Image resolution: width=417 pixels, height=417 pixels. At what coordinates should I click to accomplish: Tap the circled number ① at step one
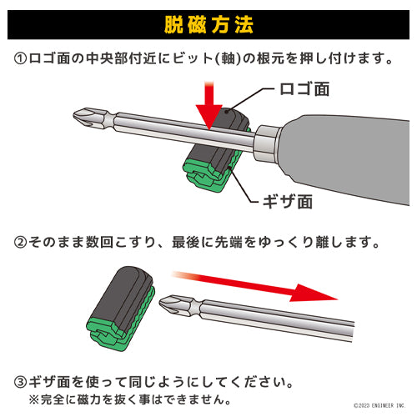(x=20, y=60)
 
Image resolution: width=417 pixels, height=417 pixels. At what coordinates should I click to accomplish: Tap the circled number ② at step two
(x=20, y=244)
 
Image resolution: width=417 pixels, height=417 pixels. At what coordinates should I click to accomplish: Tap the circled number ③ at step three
(x=20, y=383)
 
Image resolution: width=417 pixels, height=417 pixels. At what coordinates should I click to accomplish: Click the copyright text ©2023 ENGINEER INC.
(x=380, y=406)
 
